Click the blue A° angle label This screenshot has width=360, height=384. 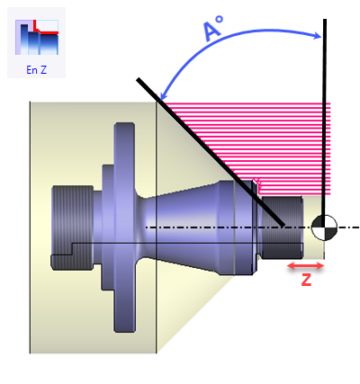click(213, 28)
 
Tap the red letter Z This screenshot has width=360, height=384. click(306, 280)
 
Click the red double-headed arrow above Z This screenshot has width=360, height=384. click(306, 265)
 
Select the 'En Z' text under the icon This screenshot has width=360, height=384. click(36, 70)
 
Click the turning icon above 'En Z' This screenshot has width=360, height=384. click(37, 37)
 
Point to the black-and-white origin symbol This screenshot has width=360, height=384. click(324, 228)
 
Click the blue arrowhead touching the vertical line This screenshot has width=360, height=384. click(318, 36)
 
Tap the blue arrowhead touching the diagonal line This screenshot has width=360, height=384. click(164, 94)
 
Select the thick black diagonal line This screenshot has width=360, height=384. click(211, 152)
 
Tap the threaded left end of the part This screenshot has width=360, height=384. click(72, 228)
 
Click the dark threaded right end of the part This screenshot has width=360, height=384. click(282, 228)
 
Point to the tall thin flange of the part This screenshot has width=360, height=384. click(124, 228)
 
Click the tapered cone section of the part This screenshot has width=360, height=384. click(186, 228)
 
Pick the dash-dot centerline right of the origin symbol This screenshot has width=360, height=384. click(348, 228)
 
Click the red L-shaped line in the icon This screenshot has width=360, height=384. click(45, 29)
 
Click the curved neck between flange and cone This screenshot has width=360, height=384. click(142, 228)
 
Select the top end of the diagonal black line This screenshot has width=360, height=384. click(138, 79)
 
